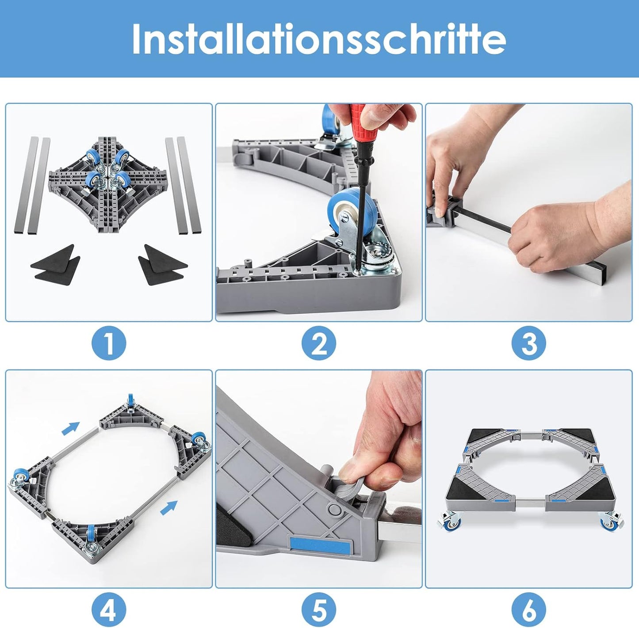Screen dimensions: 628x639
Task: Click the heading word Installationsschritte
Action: click(x=319, y=39)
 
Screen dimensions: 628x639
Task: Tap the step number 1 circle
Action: click(x=109, y=343)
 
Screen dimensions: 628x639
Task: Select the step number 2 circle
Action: click(x=319, y=343)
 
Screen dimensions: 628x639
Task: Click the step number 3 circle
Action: click(x=529, y=343)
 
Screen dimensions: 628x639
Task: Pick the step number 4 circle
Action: click(x=109, y=610)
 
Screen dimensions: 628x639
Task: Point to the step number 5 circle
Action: click(x=319, y=610)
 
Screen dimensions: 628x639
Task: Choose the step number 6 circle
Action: click(x=529, y=610)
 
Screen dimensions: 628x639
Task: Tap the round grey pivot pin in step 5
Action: click(x=336, y=510)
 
